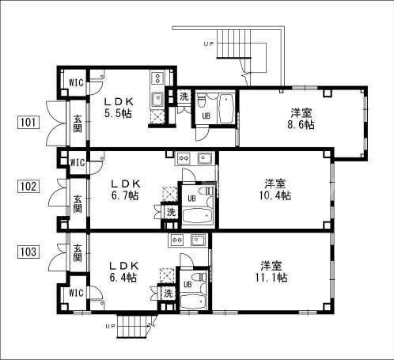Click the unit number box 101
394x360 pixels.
[x=28, y=122]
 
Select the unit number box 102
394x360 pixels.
[x=28, y=187]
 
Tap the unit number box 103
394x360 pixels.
[x=28, y=252]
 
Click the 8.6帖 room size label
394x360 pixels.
[x=301, y=124]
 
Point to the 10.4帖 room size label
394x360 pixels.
[x=275, y=195]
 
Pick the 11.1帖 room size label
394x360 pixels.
[x=271, y=278]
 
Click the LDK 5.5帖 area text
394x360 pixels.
[x=119, y=108]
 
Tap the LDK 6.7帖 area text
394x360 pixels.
[x=125, y=190]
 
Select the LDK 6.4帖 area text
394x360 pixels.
[x=123, y=271]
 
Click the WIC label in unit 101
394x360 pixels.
[x=76, y=82]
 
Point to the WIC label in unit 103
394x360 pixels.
[x=76, y=293]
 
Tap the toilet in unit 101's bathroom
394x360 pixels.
[x=201, y=101]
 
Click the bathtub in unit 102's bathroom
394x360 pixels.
[x=198, y=217]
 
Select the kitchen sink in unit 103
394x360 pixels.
[x=198, y=241]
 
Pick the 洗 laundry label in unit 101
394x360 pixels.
[x=184, y=97]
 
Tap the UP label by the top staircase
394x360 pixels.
[x=208, y=44]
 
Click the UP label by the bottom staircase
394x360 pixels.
[x=110, y=326]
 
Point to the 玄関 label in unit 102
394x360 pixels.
[x=78, y=203]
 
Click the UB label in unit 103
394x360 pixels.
[x=188, y=284]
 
